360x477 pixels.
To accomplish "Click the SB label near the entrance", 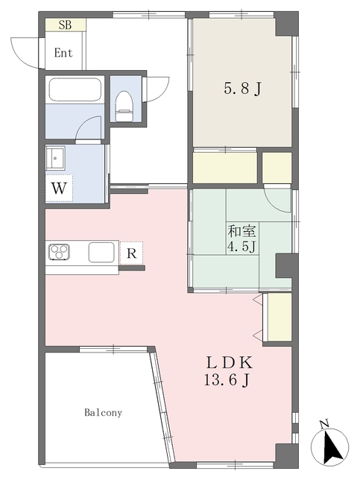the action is pyautogui.click(x=65, y=25).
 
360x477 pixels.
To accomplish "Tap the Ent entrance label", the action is pyautogui.click(x=63, y=53).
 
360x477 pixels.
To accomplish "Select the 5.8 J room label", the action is pyautogui.click(x=243, y=89).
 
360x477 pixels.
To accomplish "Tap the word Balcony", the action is pyautogui.click(x=103, y=413).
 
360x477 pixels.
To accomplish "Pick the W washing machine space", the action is pyautogui.click(x=59, y=189).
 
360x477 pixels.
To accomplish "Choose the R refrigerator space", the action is pyautogui.click(x=131, y=253).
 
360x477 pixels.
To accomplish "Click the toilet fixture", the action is pyautogui.click(x=124, y=106).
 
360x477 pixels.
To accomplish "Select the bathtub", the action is pyautogui.click(x=75, y=89).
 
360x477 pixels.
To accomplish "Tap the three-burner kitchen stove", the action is pyautogui.click(x=59, y=252).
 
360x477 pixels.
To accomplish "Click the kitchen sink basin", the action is pyautogui.click(x=101, y=252).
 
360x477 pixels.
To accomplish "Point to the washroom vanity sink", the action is pyautogui.click(x=55, y=157).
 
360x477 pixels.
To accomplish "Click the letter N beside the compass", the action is pyautogui.click(x=323, y=424).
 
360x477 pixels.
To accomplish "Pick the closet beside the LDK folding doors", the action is pyautogui.click(x=280, y=317).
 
